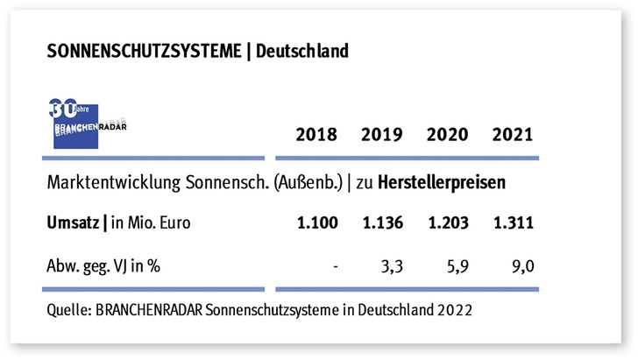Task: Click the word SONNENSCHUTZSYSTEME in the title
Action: [x=143, y=52]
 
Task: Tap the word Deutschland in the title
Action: [x=298, y=52]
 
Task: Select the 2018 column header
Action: [x=316, y=135]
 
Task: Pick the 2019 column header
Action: [x=381, y=135]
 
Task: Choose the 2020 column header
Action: [x=446, y=135]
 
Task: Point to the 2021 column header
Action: [x=512, y=135]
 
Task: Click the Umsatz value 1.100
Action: [x=316, y=223]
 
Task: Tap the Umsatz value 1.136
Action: [x=381, y=223]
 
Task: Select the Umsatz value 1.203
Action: [x=446, y=223]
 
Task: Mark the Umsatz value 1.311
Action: [x=512, y=223]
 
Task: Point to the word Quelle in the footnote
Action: [x=67, y=309]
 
